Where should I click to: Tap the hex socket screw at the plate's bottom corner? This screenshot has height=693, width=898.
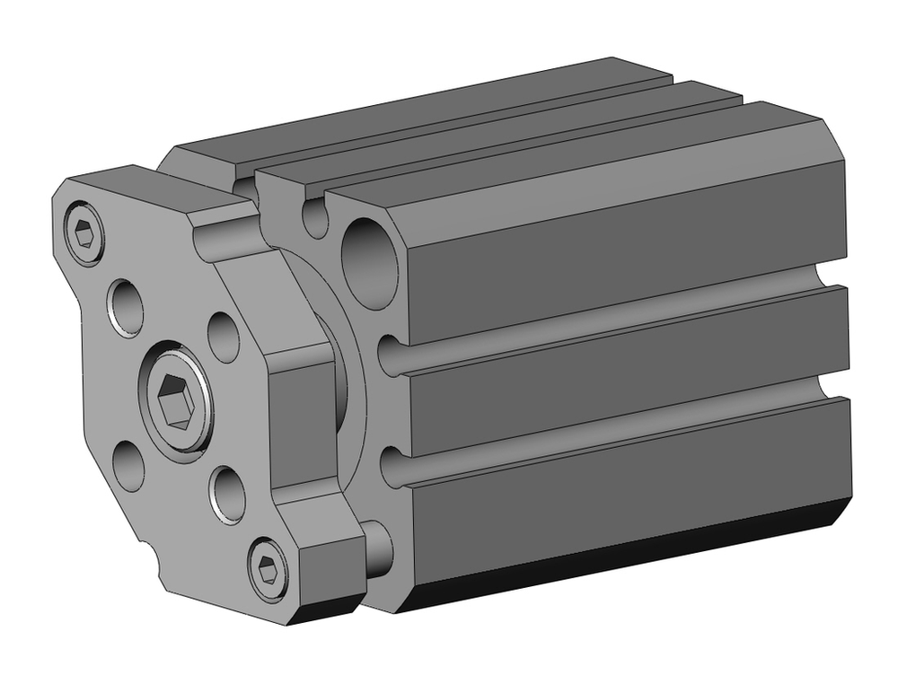(268, 568)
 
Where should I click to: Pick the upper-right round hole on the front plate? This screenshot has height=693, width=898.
(224, 336)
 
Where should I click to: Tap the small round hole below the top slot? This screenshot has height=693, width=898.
(315, 219)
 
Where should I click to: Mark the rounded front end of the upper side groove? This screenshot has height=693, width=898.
(388, 355)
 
